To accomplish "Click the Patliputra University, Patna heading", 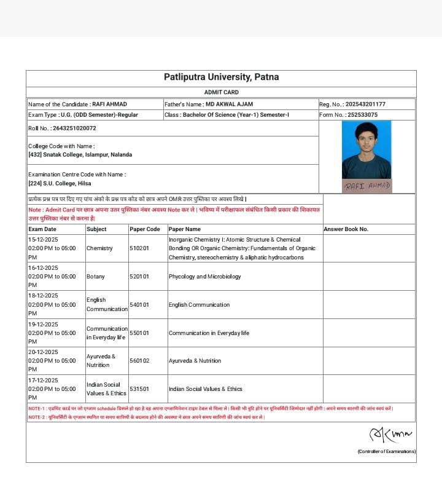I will tap(221, 77).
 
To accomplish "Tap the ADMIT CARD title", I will tap(221, 92).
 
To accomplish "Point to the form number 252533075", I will tap(362, 115).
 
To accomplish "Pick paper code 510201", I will tap(139, 248).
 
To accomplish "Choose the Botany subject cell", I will tap(95, 277).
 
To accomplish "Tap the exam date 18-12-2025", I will tap(43, 296).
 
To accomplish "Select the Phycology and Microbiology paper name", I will tap(205, 277).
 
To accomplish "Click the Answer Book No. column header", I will tap(346, 229).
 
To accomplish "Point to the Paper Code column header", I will tap(144, 229).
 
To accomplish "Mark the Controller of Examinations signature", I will tap(390, 435).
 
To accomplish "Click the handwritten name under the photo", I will tap(367, 186).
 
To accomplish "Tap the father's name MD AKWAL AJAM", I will tap(229, 105).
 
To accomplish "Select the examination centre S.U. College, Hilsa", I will tap(60, 183).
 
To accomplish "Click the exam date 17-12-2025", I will tap(43, 381).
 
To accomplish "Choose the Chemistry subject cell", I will tap(99, 248).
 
